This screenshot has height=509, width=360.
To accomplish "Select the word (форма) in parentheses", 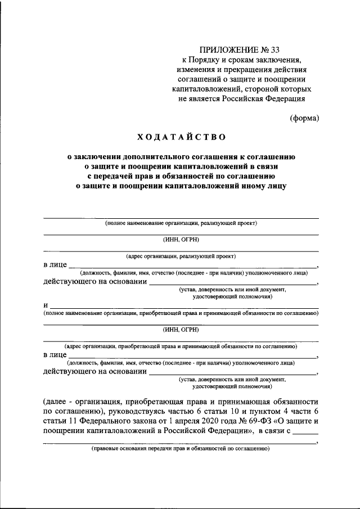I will pyautogui.click(x=304, y=118).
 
